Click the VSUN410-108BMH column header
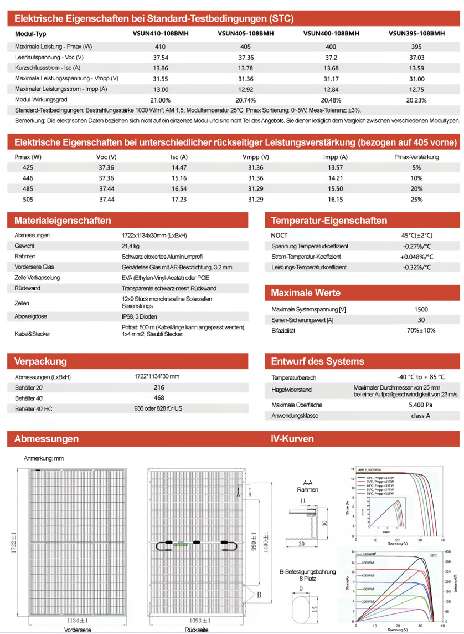point(161,33)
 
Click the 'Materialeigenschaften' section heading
point(63,221)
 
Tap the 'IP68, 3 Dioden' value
point(142,316)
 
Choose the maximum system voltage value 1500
point(421,309)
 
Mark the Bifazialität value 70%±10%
point(421,330)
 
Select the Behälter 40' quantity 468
point(158,398)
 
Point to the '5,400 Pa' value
point(421,405)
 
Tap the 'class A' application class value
point(421,415)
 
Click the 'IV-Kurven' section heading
point(292,439)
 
